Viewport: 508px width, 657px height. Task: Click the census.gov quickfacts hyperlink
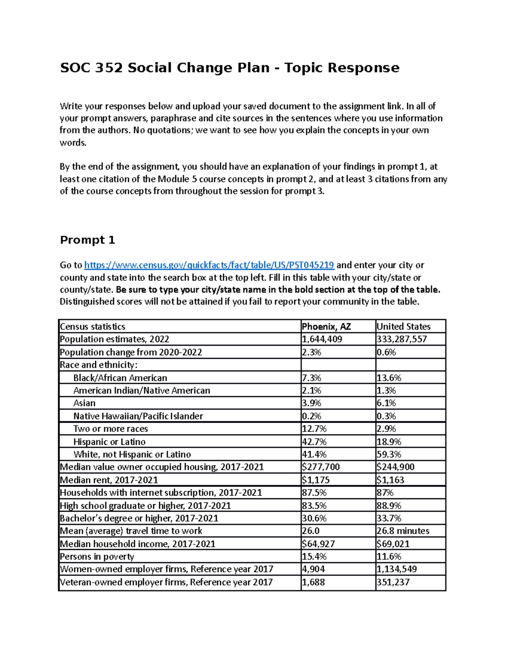(x=209, y=265)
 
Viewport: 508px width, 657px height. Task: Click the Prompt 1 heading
(x=87, y=240)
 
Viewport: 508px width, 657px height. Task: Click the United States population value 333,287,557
(x=401, y=339)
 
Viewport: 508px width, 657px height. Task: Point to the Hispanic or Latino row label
(x=109, y=442)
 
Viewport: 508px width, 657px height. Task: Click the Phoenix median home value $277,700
(x=320, y=467)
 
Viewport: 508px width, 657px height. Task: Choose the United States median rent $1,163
(x=390, y=480)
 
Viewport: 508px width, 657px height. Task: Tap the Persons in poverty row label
(x=97, y=557)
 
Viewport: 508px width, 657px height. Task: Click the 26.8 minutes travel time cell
(x=403, y=531)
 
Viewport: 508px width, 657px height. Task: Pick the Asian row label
(x=84, y=403)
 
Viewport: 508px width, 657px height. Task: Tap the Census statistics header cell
(x=93, y=327)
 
